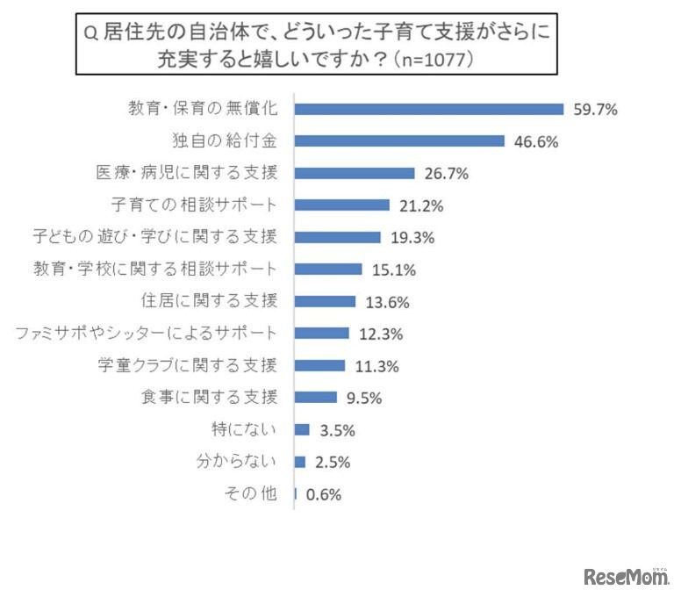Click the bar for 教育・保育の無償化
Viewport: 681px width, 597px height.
coord(429,109)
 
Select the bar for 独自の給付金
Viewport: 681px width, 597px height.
coord(399,141)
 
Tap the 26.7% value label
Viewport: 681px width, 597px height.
coord(445,174)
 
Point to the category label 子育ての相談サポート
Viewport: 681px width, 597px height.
coord(195,205)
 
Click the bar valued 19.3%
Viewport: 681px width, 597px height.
coord(338,237)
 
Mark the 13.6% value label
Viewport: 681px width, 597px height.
coord(386,302)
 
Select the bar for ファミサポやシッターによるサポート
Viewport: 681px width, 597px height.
coord(322,334)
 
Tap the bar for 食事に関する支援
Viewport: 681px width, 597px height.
coord(316,397)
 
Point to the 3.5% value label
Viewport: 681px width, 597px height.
coord(336,430)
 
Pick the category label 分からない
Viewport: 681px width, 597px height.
coord(236,462)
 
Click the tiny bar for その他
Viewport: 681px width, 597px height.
coord(296,494)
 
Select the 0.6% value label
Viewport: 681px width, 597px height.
coord(323,494)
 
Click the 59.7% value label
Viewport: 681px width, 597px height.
coord(596,110)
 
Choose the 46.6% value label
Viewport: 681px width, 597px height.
coord(536,141)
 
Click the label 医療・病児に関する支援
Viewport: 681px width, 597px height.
coord(187,174)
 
